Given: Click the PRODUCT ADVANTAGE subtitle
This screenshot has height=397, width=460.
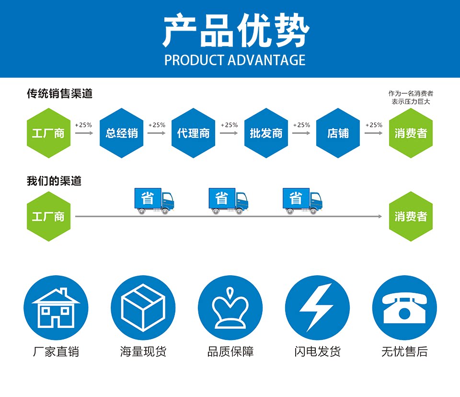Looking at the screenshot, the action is pyautogui.click(x=235, y=60).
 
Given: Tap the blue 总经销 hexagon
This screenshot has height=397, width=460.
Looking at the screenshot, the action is pyautogui.click(x=122, y=133).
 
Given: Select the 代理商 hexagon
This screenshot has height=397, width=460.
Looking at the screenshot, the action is pyautogui.click(x=194, y=133).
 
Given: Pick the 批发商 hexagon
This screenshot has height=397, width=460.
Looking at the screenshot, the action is pyautogui.click(x=266, y=133).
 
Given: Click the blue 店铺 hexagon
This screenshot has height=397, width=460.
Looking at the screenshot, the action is pyautogui.click(x=338, y=133).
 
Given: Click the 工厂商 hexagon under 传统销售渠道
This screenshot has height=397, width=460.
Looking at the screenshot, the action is pyautogui.click(x=48, y=133).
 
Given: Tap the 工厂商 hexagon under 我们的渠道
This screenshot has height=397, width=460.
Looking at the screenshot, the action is pyautogui.click(x=48, y=216).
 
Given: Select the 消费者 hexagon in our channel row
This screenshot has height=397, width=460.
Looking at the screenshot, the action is pyautogui.click(x=411, y=216).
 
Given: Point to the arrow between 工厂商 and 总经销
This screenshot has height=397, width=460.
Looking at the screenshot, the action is pyautogui.click(x=84, y=133).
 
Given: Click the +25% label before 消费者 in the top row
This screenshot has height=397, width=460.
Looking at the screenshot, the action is pyautogui.click(x=374, y=125).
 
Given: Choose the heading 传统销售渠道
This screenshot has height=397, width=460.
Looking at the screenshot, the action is pyautogui.click(x=59, y=94).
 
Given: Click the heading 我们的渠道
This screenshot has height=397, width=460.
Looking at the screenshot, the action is pyautogui.click(x=54, y=181).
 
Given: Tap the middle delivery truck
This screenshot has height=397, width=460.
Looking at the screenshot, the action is pyautogui.click(x=228, y=201).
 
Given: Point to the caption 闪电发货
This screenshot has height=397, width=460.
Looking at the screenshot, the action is pyautogui.click(x=317, y=352).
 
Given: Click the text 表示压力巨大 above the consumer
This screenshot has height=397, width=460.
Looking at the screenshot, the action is pyautogui.click(x=411, y=102).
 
